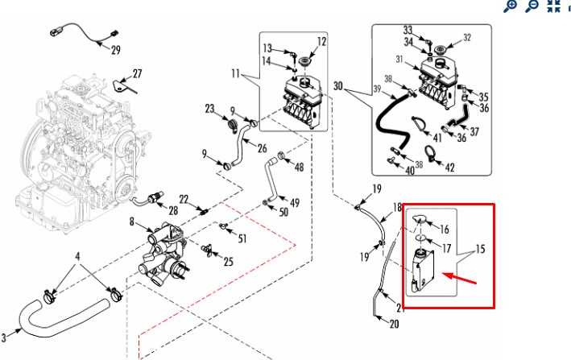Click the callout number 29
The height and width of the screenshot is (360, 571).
click(115, 50)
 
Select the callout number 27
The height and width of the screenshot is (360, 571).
click(137, 74)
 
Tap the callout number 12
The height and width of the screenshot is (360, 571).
click(321, 41)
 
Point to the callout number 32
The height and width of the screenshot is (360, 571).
click(466, 37)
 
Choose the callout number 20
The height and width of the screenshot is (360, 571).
click(394, 325)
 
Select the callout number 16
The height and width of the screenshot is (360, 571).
click(443, 230)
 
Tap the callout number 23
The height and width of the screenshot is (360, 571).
click(209, 109)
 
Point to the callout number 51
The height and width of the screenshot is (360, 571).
click(243, 239)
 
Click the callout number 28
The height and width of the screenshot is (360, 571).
click(172, 210)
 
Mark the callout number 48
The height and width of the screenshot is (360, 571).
click(299, 168)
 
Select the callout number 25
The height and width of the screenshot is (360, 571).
click(228, 261)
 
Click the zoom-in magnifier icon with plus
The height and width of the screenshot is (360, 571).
click(510, 6)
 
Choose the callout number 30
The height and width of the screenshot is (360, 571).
click(337, 85)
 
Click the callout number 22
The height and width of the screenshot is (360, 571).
click(184, 199)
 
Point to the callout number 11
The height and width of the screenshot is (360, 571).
click(235, 74)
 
